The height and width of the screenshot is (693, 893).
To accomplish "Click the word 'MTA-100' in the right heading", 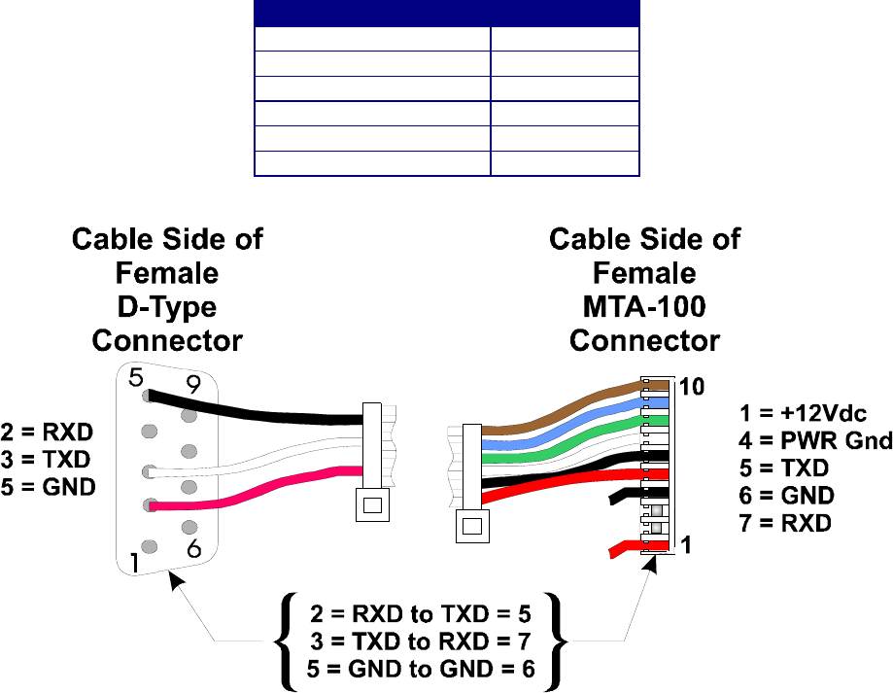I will (644, 307).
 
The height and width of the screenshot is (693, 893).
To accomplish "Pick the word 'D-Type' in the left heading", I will (166, 307).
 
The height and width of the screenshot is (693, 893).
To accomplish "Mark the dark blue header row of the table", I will (446, 13).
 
